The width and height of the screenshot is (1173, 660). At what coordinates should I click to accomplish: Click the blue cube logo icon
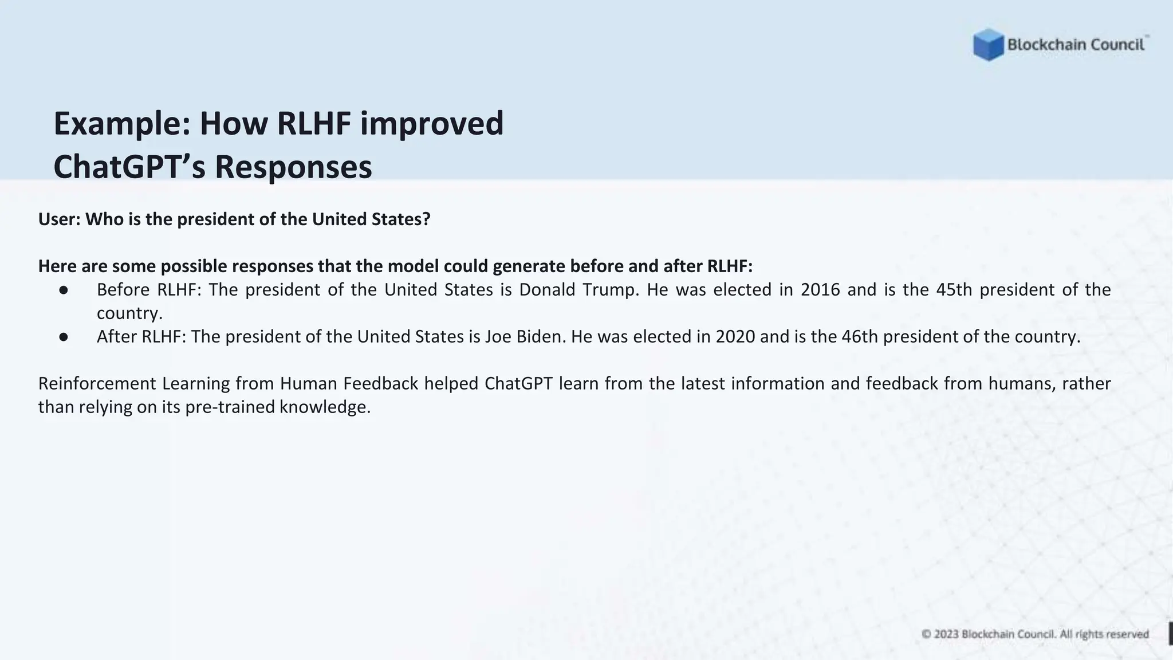pos(988,45)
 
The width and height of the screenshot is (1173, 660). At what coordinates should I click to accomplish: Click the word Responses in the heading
pos(293,167)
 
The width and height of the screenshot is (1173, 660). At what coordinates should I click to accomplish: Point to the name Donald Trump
pos(579,290)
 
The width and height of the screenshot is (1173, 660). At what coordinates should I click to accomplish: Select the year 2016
pos(820,290)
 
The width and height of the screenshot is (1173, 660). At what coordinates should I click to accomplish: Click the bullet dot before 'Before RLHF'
pos(64,290)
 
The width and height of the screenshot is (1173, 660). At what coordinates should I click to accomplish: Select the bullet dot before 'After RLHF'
pos(64,337)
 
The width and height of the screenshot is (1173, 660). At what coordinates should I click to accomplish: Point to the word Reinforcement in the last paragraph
pos(97,384)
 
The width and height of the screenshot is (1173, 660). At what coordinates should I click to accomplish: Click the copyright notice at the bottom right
pos(1035,634)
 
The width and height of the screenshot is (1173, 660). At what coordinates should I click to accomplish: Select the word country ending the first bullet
pos(129,313)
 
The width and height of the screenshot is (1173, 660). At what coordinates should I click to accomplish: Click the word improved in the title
pos(432,123)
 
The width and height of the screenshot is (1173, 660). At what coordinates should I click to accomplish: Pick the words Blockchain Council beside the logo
pos(1076,45)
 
